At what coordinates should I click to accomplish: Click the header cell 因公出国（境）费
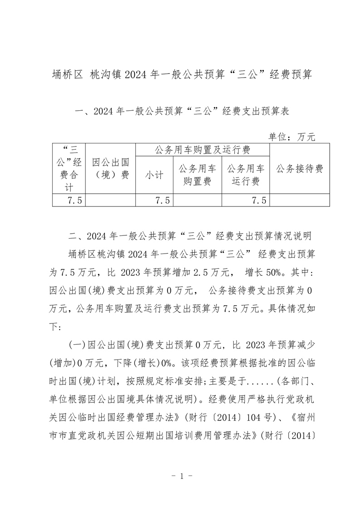click(x=110, y=169)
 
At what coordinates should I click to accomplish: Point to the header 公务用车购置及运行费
click(x=202, y=150)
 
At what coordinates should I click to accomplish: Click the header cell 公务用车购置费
click(x=197, y=176)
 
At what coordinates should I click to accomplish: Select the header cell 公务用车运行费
click(x=246, y=176)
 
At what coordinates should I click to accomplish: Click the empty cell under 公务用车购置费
click(x=197, y=201)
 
